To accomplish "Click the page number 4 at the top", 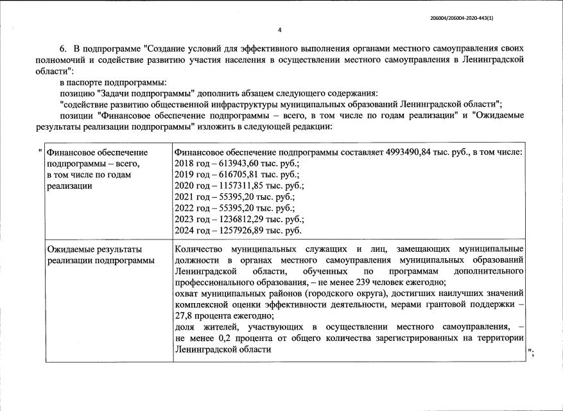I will click(280, 30).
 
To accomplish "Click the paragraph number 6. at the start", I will click(64, 49).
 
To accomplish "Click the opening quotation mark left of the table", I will click(40, 152).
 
